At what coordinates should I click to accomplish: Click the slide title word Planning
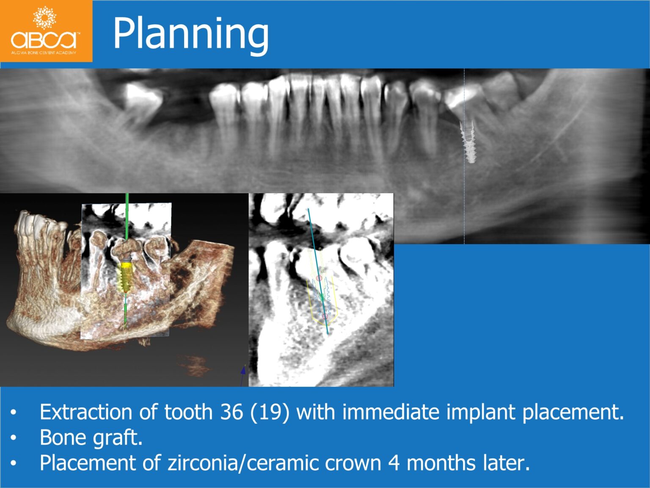coord(190,34)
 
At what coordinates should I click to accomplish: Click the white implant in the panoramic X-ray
coord(469,142)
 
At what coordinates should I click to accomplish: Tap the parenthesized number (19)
coord(270,412)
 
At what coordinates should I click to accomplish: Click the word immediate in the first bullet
coord(391,412)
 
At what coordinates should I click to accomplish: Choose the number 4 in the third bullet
coord(394,463)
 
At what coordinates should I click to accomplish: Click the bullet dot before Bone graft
coord(14,438)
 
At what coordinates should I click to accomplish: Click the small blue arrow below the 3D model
coord(243,370)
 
